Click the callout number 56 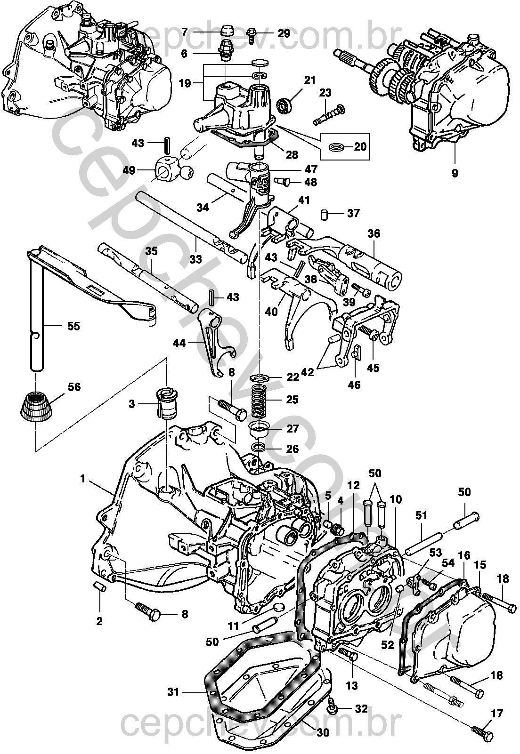pyautogui.click(x=74, y=387)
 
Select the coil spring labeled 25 pyautogui.click(x=260, y=401)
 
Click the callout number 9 pyautogui.click(x=455, y=173)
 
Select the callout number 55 pyautogui.click(x=73, y=326)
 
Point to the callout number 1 pyautogui.click(x=83, y=479)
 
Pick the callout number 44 pyautogui.click(x=179, y=343)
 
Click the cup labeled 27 pyautogui.click(x=260, y=429)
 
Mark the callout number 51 pyautogui.click(x=421, y=516)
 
